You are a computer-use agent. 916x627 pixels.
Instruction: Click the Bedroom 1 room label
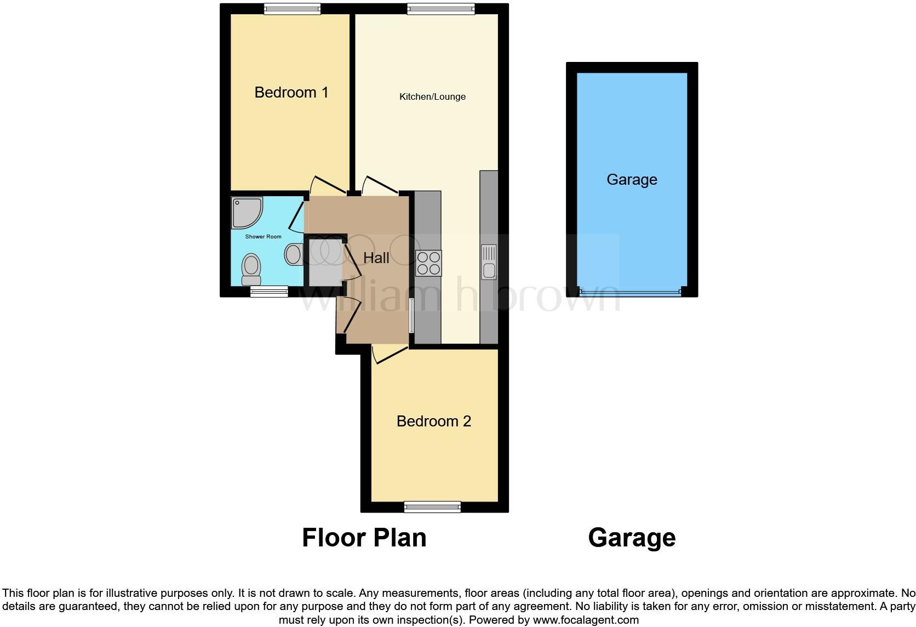coord(291,92)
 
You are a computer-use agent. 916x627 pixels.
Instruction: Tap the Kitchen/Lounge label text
coord(432,97)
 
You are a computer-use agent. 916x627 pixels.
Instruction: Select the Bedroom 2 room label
coord(433,421)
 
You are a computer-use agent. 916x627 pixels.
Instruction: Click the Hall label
coord(376,258)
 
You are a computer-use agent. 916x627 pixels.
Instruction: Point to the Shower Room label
coord(263,237)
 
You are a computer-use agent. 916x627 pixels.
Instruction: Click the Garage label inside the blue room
coord(632,180)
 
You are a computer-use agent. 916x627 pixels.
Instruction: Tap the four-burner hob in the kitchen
coord(428,263)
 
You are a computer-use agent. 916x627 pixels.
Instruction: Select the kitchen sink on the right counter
coord(488,262)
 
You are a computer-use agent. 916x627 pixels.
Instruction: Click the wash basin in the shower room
coord(293,254)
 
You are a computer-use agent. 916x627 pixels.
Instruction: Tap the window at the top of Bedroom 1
coord(292,8)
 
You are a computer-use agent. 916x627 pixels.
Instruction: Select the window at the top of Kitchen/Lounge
coord(441,8)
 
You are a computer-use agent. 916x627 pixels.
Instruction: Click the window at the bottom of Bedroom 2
coord(432,507)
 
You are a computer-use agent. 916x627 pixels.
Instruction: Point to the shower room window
coord(269,292)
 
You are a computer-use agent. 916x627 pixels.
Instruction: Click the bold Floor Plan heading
coord(364,538)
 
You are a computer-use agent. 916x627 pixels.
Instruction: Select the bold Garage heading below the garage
coord(632,538)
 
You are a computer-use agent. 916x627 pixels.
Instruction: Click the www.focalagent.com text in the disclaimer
coord(586,620)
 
